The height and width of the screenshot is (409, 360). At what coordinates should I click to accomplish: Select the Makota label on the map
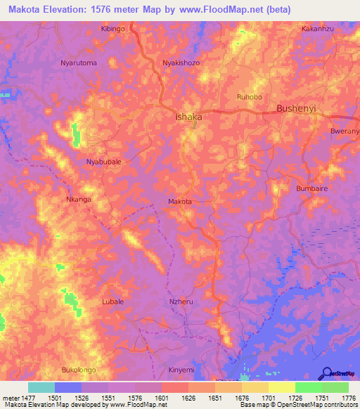pyautogui.click(x=180, y=202)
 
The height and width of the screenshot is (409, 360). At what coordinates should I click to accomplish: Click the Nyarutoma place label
pyautogui.click(x=79, y=63)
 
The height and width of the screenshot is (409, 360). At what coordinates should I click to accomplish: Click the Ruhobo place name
pyautogui.click(x=249, y=96)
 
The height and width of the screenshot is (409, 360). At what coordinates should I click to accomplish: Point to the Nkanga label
pyautogui.click(x=78, y=199)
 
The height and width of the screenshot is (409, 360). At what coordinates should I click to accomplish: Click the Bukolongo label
pyautogui.click(x=79, y=370)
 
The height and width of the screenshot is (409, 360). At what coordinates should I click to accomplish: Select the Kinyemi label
pyautogui.click(x=181, y=370)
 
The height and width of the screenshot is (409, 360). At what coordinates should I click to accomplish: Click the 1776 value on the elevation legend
pyautogui.click(x=347, y=398)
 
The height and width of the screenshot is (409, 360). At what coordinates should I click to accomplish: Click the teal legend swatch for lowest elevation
pyautogui.click(x=41, y=387)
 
